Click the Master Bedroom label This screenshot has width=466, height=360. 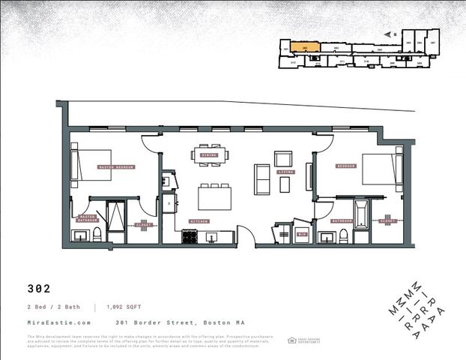pyautogui.click(x=115, y=166)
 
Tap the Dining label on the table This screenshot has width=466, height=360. pyautogui.click(x=210, y=154)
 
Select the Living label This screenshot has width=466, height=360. pyautogui.click(x=285, y=172)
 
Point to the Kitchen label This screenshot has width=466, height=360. pyautogui.click(x=199, y=221)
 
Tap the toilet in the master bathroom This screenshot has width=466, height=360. pyautogui.click(x=97, y=235)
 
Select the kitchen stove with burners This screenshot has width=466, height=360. pyautogui.click(x=190, y=237)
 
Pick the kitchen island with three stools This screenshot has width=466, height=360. pyautogui.click(x=214, y=198)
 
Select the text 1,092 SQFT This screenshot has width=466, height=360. pyautogui.click(x=119, y=307)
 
